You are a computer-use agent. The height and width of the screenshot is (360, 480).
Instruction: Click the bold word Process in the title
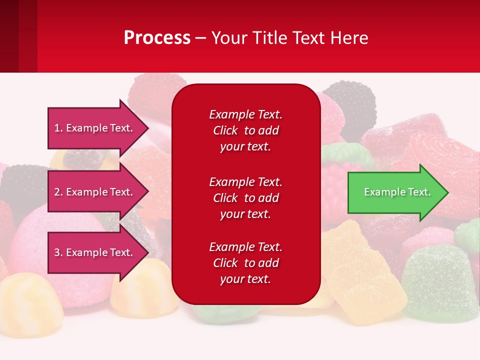(157, 38)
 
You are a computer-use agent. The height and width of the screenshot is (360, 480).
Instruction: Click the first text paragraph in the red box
(245, 130)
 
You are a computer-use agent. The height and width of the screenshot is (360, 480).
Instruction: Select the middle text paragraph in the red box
(245, 198)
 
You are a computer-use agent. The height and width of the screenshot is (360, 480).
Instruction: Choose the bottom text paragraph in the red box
(245, 263)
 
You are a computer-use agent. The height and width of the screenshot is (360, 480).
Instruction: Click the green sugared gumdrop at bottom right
(440, 285)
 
